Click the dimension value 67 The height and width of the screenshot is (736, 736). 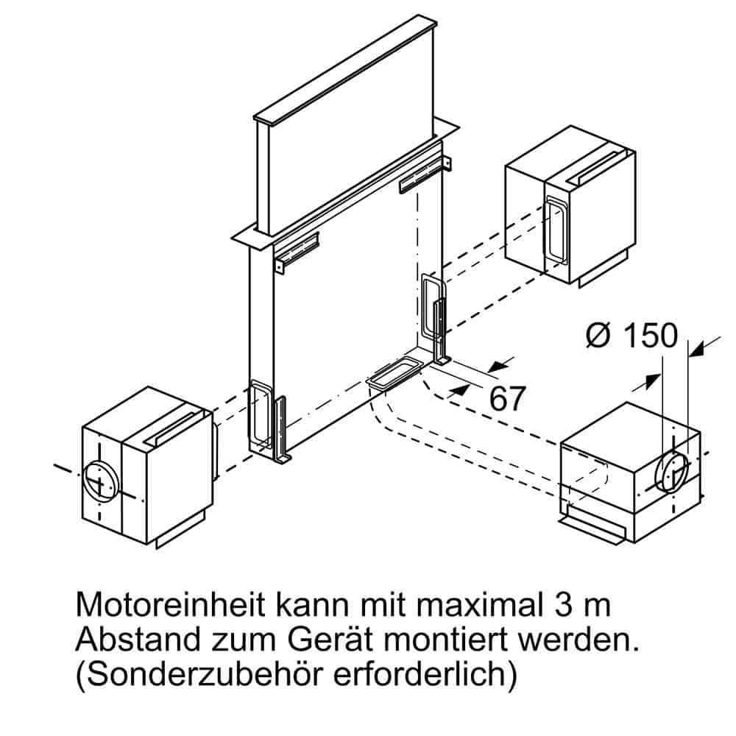[x=508, y=398]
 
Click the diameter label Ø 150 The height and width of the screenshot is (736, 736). [x=631, y=336]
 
